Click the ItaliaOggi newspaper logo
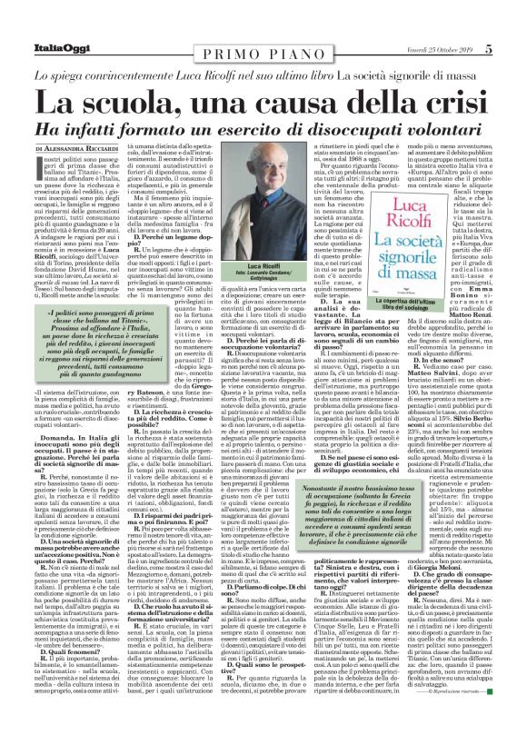click(43, 22)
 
